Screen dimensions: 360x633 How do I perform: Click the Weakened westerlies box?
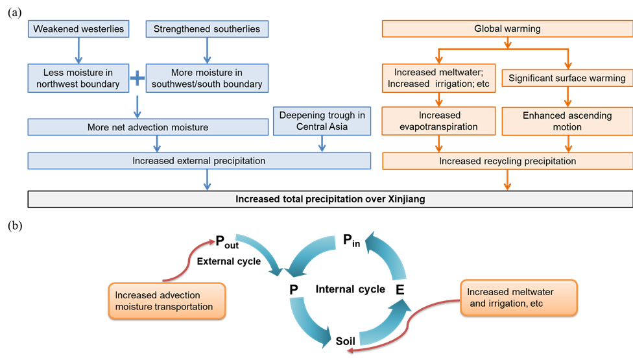[78, 29]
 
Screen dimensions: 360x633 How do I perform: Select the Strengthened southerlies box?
[206, 29]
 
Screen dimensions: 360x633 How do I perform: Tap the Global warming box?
[507, 29]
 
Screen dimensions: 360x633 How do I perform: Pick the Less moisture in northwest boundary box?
[78, 78]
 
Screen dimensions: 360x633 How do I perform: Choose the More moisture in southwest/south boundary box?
[206, 78]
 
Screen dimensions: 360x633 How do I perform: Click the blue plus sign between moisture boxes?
[137, 78]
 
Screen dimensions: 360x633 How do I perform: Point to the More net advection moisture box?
[148, 127]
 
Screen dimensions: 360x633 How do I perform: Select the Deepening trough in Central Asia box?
[322, 121]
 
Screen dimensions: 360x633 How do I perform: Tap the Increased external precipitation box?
[198, 161]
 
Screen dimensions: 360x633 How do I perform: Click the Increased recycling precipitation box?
[507, 161]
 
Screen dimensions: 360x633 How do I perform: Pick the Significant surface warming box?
[567, 78]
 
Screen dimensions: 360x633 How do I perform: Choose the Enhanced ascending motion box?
[567, 121]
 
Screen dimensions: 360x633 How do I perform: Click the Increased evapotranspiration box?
[439, 121]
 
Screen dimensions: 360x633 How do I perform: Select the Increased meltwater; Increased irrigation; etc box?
[439, 78]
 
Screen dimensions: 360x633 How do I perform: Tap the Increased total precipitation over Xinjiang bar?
[330, 199]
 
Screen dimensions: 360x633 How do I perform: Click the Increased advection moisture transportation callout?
[167, 301]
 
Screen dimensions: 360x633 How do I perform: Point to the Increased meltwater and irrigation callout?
[518, 298]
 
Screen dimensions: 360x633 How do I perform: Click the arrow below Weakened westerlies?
[78, 49]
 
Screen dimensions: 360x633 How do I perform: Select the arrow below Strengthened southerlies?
[207, 49]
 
